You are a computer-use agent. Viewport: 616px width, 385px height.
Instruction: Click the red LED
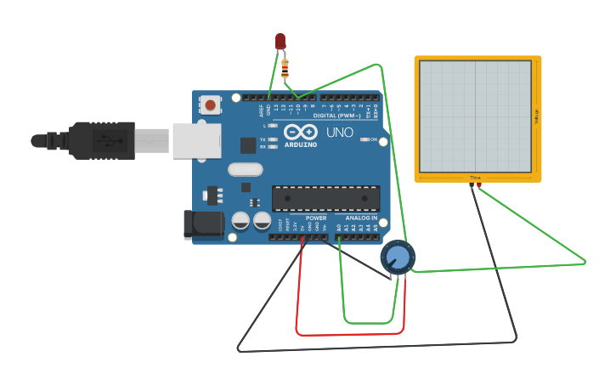click(280, 41)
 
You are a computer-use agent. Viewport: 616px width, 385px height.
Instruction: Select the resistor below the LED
click(285, 66)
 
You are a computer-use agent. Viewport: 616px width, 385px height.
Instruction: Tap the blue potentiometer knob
click(397, 257)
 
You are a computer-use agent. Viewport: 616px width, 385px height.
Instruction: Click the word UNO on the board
click(339, 133)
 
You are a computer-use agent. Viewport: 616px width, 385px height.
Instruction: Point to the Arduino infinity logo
click(301, 133)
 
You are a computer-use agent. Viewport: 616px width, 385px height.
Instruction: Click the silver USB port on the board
click(196, 141)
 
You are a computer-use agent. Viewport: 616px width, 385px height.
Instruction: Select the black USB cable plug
click(101, 140)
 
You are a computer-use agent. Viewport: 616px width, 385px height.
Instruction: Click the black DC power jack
click(203, 224)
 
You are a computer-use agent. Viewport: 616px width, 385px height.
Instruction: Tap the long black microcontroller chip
click(325, 198)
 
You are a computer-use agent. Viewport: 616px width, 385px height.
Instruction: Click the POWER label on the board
click(315, 218)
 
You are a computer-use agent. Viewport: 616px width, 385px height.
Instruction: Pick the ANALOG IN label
click(361, 218)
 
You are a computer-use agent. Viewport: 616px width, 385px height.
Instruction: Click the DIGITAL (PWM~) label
click(336, 116)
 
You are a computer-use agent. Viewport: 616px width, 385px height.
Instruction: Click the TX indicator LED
click(273, 139)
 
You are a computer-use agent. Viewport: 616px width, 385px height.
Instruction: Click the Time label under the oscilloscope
click(475, 178)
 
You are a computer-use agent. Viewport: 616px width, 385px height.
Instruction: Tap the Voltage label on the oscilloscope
click(536, 118)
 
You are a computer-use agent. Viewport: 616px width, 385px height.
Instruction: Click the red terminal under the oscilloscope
click(479, 184)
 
